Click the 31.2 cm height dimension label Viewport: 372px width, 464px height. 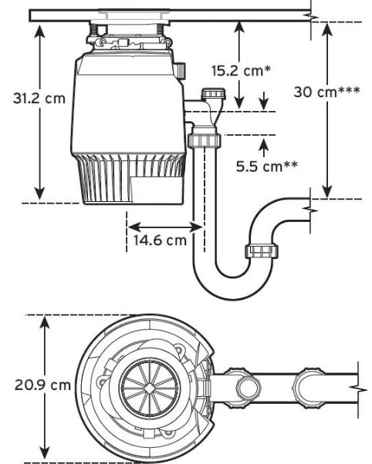point(39,98)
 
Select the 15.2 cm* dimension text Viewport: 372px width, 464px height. point(241,71)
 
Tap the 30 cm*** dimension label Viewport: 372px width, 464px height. point(326,92)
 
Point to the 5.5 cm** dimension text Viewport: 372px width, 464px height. point(267,166)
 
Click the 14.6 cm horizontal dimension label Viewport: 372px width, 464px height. point(160,240)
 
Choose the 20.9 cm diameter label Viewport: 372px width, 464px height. point(42,385)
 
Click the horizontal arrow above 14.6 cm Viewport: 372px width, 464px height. point(165,227)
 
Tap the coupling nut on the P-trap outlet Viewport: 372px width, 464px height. point(262,251)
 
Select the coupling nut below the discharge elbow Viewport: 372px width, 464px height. point(205,140)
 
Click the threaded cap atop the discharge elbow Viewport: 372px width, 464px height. point(214,94)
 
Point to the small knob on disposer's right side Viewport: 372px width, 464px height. point(181,70)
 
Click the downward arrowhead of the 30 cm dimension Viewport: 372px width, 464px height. point(327,192)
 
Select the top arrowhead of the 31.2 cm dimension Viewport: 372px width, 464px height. point(39,32)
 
